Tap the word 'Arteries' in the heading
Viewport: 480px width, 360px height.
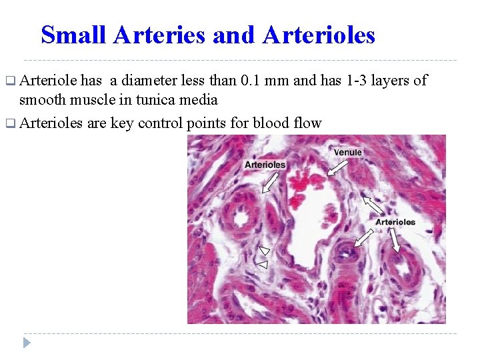(x=159, y=35)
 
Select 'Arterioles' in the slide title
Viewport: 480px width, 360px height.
(x=319, y=35)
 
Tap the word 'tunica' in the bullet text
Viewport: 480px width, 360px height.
(x=167, y=100)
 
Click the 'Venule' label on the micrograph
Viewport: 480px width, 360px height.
(x=348, y=152)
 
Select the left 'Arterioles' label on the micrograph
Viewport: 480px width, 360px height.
(x=265, y=165)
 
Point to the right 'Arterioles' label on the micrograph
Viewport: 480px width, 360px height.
(x=395, y=222)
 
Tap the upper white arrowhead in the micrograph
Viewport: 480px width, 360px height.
(x=265, y=251)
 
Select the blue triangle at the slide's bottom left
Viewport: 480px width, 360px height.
(x=27, y=343)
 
